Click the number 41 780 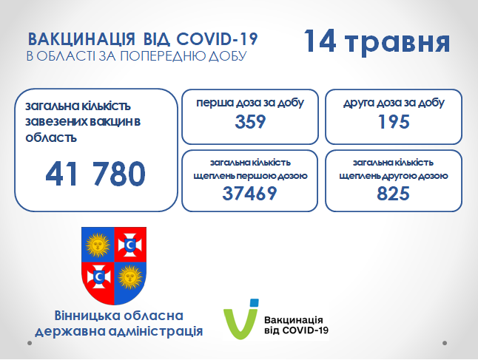[95, 174]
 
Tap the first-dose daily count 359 [250, 122]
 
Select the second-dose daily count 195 [394, 122]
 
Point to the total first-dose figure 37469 [249, 194]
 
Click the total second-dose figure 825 [393, 194]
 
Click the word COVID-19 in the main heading [217, 39]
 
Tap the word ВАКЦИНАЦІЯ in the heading [81, 40]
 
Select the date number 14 [320, 41]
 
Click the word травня [397, 44]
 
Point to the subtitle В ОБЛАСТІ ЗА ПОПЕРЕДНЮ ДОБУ [137, 56]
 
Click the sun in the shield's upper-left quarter [98, 245]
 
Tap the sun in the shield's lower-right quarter [130, 277]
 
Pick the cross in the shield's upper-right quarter [130, 245]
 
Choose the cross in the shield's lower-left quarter [98, 277]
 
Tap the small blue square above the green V [254, 303]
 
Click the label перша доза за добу [250, 103]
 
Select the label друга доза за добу [394, 103]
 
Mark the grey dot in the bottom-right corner [445, 343]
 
